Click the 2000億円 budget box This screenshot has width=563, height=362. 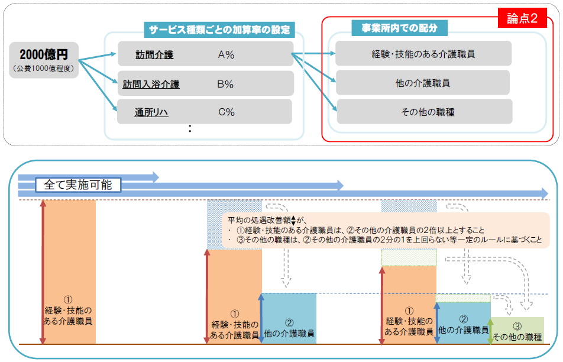[44, 60]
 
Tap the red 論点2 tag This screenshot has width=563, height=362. [522, 18]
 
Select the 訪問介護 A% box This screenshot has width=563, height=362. [205, 54]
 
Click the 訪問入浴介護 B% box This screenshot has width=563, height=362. [205, 83]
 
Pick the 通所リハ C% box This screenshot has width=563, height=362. [205, 112]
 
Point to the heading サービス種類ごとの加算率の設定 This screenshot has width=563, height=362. [219, 30]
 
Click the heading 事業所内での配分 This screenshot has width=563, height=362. [400, 28]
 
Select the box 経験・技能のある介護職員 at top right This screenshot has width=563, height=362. [423, 53]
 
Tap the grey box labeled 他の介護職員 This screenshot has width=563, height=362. [423, 83]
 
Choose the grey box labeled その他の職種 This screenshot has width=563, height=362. [425, 112]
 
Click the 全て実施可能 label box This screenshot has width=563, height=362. [78, 185]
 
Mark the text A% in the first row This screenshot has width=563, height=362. [226, 54]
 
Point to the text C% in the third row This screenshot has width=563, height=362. [227, 112]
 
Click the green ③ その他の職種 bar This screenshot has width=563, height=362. [517, 331]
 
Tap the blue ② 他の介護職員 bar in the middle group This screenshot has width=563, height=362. [289, 319]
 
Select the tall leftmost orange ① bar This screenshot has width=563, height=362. [69, 272]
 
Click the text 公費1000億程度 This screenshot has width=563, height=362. [44, 68]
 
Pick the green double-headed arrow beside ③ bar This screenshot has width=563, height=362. [490, 331]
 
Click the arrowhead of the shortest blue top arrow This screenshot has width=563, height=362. [156, 177]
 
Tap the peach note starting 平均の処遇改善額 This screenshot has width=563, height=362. [386, 230]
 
